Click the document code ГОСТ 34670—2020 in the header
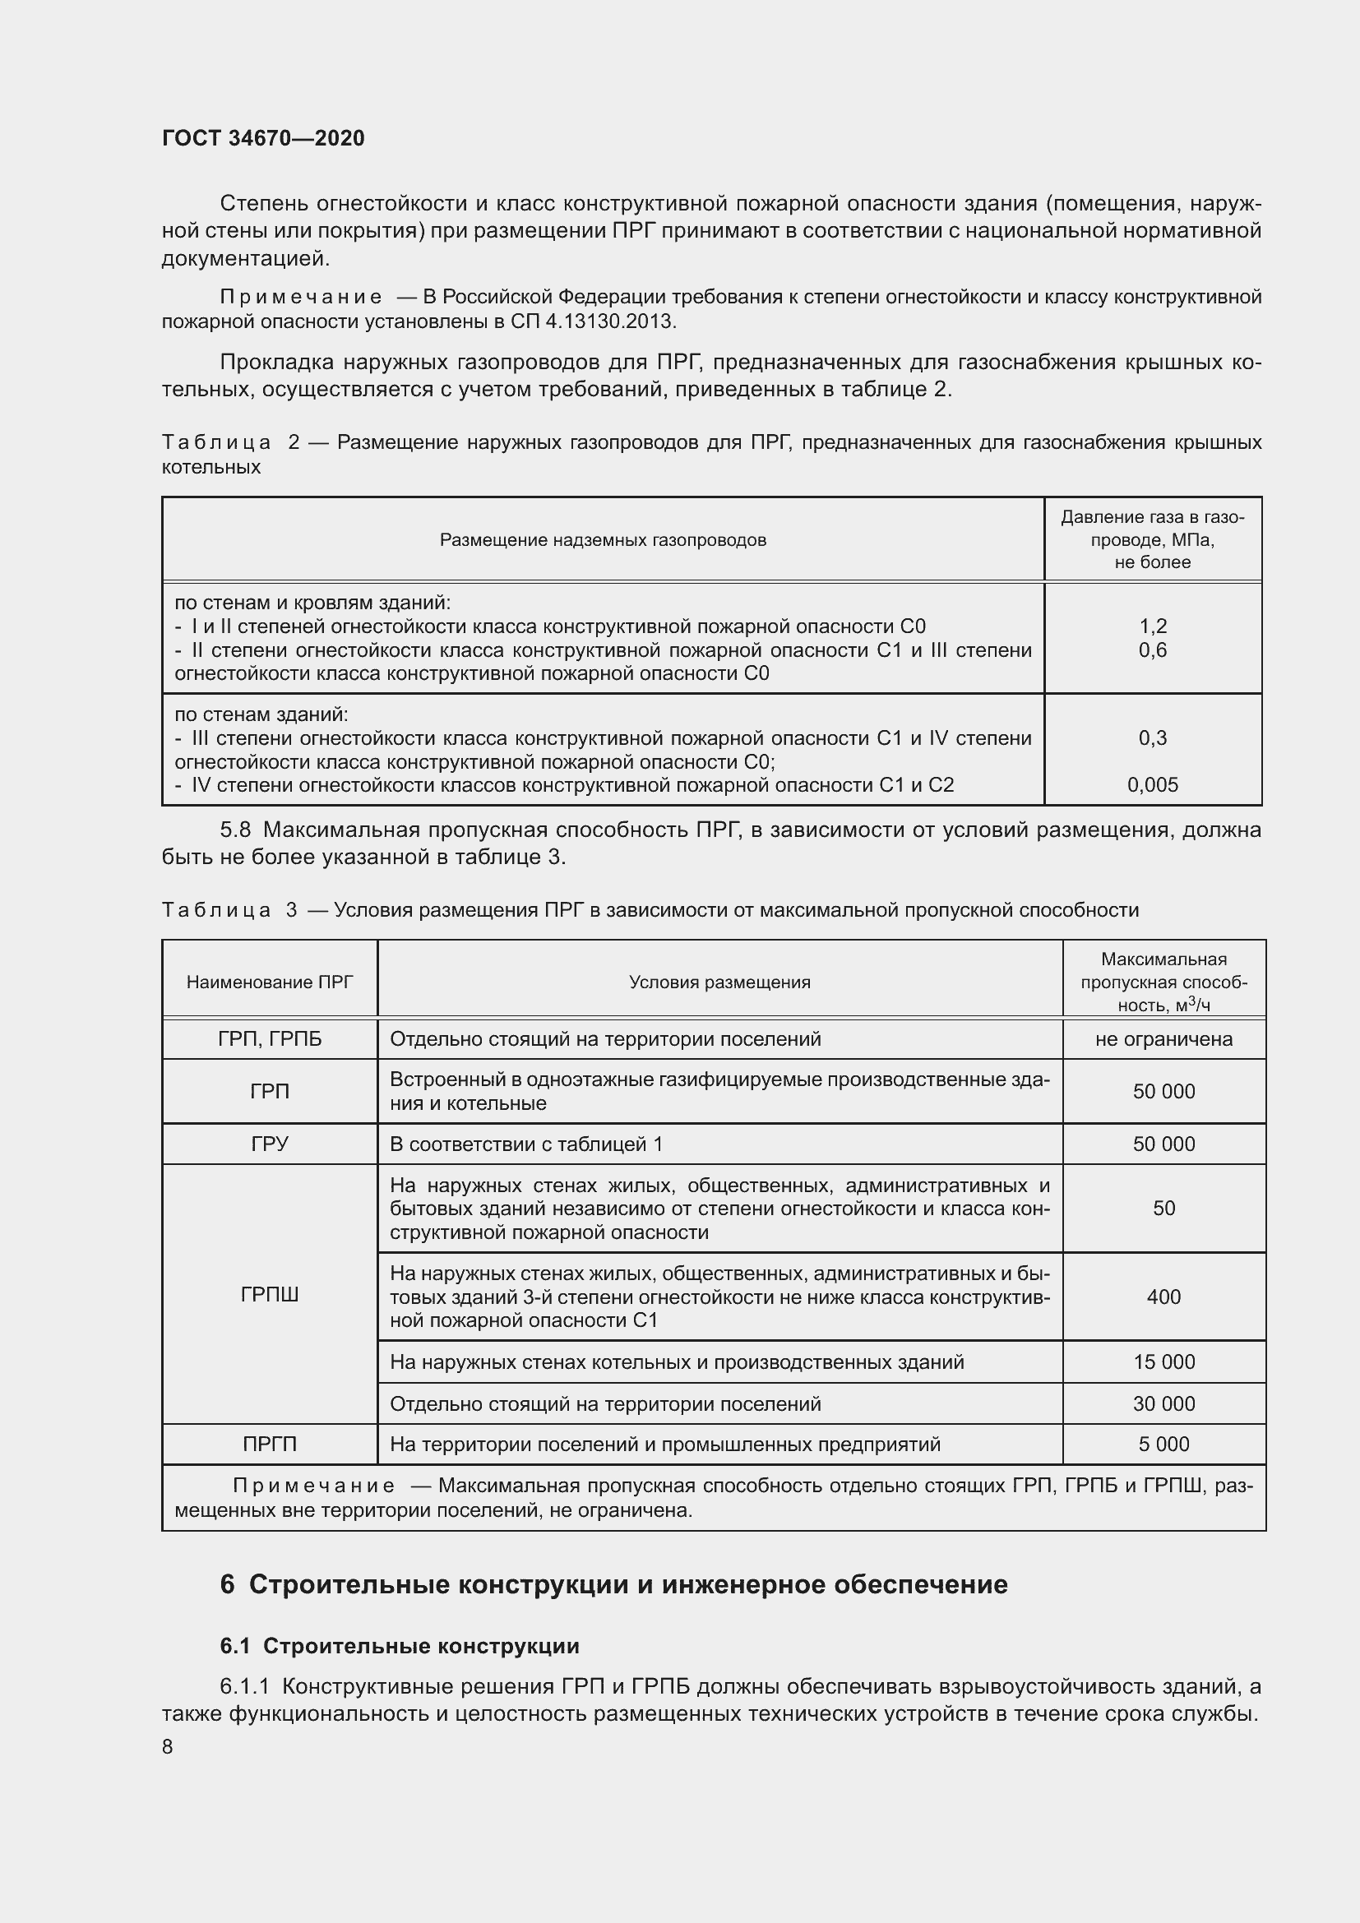[x=263, y=138]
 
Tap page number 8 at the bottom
[x=168, y=1746]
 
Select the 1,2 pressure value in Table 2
[x=1152, y=626]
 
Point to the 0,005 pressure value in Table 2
[x=1152, y=785]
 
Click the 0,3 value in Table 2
[x=1152, y=737]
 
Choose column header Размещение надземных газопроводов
[x=603, y=540]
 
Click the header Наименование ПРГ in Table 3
[x=270, y=982]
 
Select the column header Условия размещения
[x=719, y=982]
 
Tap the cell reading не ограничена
[x=1163, y=1039]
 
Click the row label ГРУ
[x=270, y=1144]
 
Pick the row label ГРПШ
[x=270, y=1295]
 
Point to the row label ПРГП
[x=270, y=1444]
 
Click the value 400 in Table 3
[x=1163, y=1297]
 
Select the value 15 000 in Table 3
[x=1163, y=1361]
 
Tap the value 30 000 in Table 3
[x=1163, y=1403]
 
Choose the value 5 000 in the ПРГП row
[x=1163, y=1444]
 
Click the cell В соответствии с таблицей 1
[x=526, y=1144]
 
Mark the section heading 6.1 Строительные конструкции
[x=400, y=1646]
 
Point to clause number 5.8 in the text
[x=235, y=830]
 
